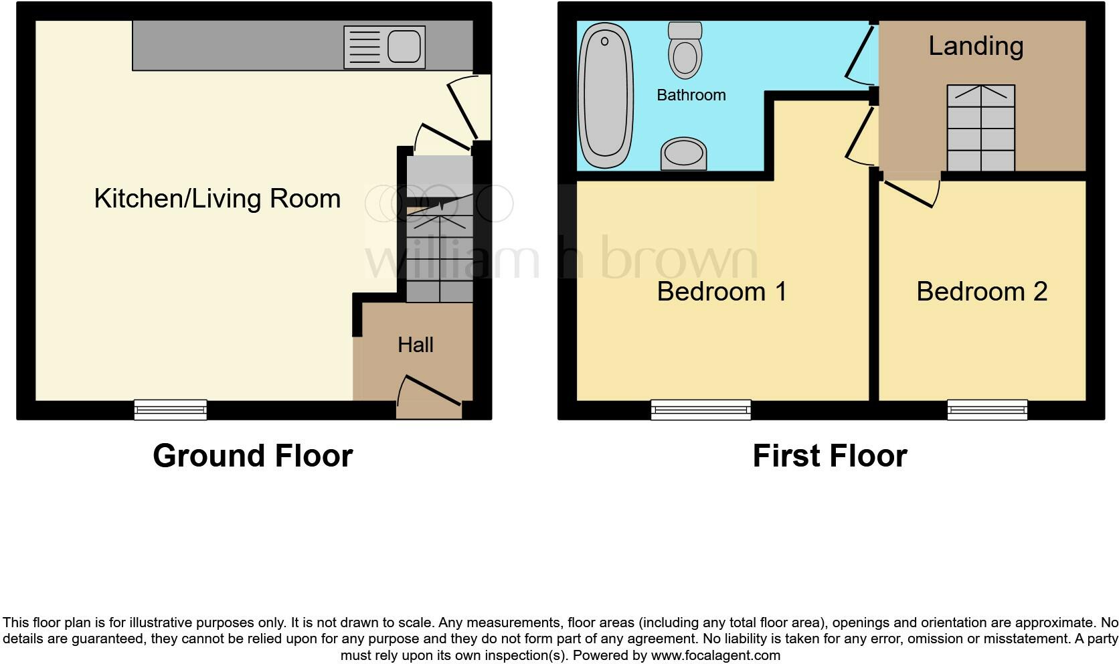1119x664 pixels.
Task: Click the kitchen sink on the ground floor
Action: (384, 47)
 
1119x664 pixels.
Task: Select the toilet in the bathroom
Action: (685, 51)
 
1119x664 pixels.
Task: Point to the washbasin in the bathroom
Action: (683, 155)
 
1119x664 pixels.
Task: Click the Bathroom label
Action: (691, 95)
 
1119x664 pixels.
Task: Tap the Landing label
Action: (976, 46)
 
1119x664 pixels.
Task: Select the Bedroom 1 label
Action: (721, 292)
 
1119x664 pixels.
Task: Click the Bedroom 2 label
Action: (981, 292)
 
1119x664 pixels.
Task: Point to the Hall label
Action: (415, 345)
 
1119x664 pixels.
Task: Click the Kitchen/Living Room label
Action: (218, 199)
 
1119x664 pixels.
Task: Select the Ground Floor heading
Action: (252, 456)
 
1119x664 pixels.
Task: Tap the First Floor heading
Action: (829, 456)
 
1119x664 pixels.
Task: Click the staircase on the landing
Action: (980, 128)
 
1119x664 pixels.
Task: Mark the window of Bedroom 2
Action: (986, 409)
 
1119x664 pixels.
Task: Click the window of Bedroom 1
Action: (701, 409)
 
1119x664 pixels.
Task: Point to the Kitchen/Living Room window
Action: (170, 409)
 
